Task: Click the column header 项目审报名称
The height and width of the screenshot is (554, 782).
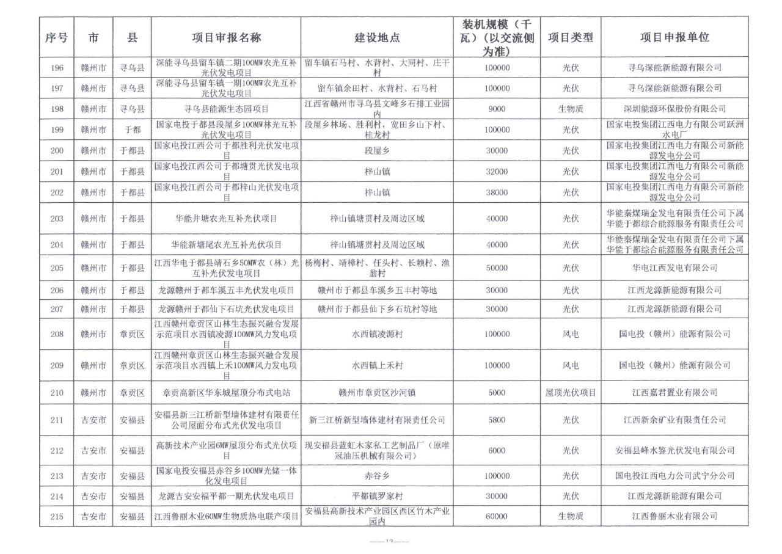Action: coord(227,37)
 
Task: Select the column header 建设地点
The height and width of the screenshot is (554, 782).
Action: coord(378,37)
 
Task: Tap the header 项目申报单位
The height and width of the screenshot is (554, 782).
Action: coord(674,37)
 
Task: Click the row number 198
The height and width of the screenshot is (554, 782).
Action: coord(56,109)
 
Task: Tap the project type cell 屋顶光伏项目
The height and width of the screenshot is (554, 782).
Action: coord(571,392)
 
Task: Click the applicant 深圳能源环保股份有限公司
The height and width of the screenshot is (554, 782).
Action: coord(674,109)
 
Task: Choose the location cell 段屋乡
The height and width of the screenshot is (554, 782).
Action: coord(378,150)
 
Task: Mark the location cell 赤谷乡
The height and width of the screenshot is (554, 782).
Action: coord(378,475)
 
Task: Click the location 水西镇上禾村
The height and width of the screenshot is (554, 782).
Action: coord(378,365)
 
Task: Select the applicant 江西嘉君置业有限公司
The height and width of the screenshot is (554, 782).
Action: coord(674,392)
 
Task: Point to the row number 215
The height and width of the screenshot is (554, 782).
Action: coord(56,516)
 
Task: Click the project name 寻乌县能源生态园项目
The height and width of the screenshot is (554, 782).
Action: coord(227,109)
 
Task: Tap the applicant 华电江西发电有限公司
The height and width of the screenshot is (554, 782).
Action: coord(674,268)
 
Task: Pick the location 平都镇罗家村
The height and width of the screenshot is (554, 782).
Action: coord(378,496)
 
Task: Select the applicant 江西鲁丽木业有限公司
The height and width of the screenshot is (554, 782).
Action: coord(674,516)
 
